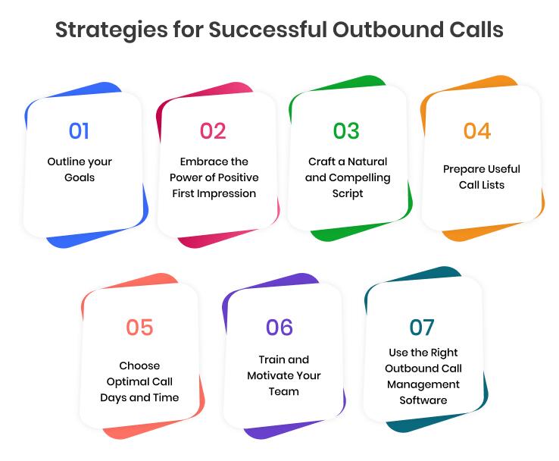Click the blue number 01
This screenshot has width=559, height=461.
(x=79, y=131)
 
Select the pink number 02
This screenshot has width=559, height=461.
(x=213, y=131)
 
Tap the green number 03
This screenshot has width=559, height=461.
(x=346, y=131)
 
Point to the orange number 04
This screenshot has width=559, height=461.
(x=477, y=131)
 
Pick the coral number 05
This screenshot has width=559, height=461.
(x=139, y=328)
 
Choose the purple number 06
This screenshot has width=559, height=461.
(x=279, y=328)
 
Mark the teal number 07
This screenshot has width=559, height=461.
(x=422, y=328)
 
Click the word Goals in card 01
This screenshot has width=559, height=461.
(x=79, y=177)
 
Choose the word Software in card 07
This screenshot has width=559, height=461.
(x=423, y=400)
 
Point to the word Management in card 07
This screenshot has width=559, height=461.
(x=423, y=384)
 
